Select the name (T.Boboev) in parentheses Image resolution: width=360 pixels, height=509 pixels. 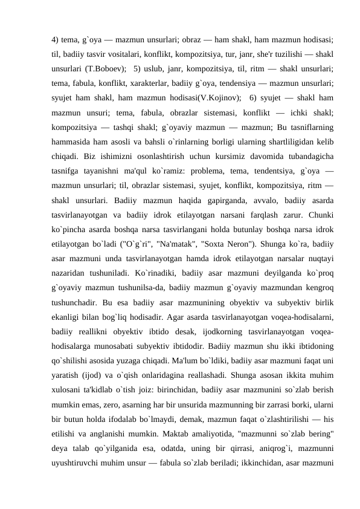107,66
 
